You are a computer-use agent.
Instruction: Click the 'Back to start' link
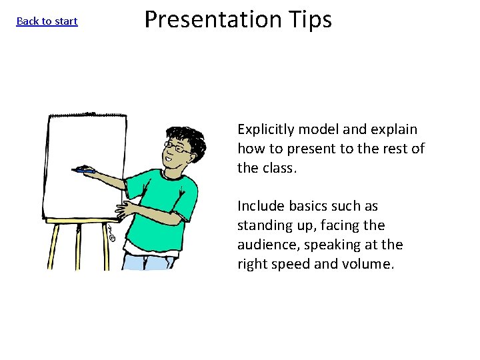tap(47, 21)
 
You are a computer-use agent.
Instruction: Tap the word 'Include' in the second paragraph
tap(260, 207)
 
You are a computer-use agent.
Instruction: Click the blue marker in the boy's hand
tap(85, 171)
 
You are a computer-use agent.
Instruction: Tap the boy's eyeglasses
tap(178, 147)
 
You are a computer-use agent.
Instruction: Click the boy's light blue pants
tap(143, 261)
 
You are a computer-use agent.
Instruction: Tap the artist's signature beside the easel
tap(111, 233)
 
